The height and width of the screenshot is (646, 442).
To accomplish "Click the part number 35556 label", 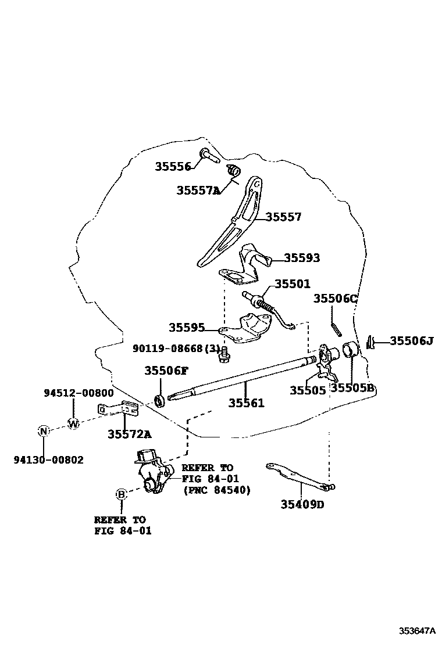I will pyautogui.click(x=173, y=167).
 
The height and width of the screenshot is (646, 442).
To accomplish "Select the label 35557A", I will pyautogui.click(x=198, y=190).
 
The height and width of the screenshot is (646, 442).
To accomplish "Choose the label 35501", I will pyautogui.click(x=293, y=284).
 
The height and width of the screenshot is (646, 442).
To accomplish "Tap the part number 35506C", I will pyautogui.click(x=336, y=298).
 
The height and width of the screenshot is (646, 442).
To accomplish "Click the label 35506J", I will pyautogui.click(x=411, y=341).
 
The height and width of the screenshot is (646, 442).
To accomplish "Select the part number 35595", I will pyautogui.click(x=187, y=328).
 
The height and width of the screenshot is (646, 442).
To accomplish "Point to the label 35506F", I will pyautogui.click(x=166, y=371).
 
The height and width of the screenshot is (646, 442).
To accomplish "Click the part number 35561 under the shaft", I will pyautogui.click(x=246, y=403).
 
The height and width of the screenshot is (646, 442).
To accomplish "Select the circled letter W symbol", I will pyautogui.click(x=73, y=424).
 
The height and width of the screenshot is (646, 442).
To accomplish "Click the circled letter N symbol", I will pyautogui.click(x=43, y=431).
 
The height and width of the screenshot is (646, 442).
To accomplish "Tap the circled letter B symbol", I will pyautogui.click(x=121, y=494).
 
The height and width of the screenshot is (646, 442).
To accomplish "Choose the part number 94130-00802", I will pyautogui.click(x=49, y=460).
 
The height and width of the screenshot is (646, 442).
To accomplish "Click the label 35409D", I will pyautogui.click(x=302, y=504).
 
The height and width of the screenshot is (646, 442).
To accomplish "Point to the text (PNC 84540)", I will pyautogui.click(x=216, y=490).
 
